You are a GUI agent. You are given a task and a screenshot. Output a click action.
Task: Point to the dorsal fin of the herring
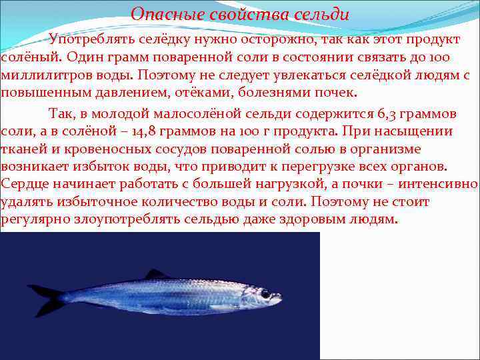pyautogui.click(x=157, y=274)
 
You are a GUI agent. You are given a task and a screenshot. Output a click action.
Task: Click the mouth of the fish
pyautogui.click(x=279, y=298)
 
